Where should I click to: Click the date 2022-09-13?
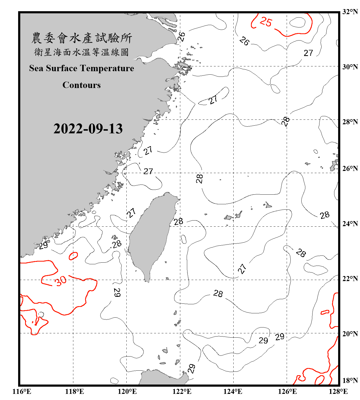tap(88, 129)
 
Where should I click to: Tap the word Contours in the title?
tap(82, 85)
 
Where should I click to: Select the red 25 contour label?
tap(266, 22)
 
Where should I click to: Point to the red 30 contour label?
tap(61, 281)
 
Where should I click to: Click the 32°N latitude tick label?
tap(350, 12)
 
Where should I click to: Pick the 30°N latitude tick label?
tap(350, 67)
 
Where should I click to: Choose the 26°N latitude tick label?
tap(350, 169)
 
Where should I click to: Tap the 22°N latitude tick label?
tap(350, 279)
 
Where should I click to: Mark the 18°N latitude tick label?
tap(350, 381)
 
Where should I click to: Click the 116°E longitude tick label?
tap(22, 391)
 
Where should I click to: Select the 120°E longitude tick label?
tap(127, 391)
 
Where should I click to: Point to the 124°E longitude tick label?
tap(233, 391)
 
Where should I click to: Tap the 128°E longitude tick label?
tap(338, 391)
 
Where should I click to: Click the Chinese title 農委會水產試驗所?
tap(82, 38)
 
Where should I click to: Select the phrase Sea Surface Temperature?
tap(82, 68)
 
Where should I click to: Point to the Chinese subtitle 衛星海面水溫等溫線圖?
tap(82, 52)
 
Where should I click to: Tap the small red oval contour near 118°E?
tap(73, 256)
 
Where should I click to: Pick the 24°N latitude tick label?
tap(350, 224)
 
